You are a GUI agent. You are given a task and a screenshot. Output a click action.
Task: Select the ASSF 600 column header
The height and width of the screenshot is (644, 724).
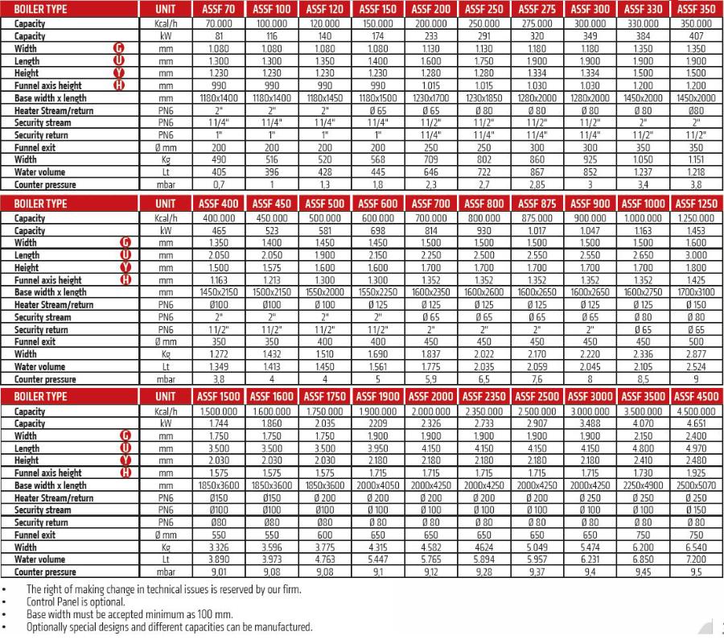[x=379, y=204]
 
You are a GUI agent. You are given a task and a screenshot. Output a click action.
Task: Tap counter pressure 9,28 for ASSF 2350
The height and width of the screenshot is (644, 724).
[x=485, y=572]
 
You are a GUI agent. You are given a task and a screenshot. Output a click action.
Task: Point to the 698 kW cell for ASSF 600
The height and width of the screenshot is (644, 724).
[x=379, y=230]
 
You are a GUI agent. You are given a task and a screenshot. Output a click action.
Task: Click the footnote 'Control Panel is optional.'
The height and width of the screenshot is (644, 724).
[x=76, y=601]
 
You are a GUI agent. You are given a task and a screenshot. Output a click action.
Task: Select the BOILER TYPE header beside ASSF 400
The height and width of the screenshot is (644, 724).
[x=40, y=204]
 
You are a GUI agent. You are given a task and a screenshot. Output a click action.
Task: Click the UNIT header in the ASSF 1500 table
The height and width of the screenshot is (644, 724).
[x=166, y=397]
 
